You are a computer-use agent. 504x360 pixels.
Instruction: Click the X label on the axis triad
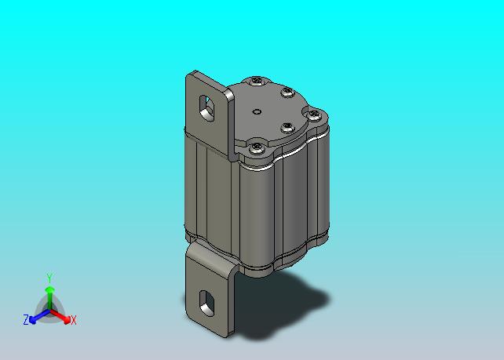pos(74,320)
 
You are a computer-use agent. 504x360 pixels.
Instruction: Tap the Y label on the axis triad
pos(49,278)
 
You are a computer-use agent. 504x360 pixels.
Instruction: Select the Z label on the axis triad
pos(26,319)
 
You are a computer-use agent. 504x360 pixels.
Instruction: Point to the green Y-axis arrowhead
pos(49,291)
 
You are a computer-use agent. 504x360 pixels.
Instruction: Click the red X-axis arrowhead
pos(67,319)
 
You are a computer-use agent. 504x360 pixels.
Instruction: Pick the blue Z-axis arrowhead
pos(32,319)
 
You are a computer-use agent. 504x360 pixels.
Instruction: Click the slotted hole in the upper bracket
pos(206,107)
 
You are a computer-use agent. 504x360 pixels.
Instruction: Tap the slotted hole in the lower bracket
pos(206,304)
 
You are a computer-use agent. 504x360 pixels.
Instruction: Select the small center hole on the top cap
pos(257,111)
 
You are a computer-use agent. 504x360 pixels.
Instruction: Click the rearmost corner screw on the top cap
pos(257,80)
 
